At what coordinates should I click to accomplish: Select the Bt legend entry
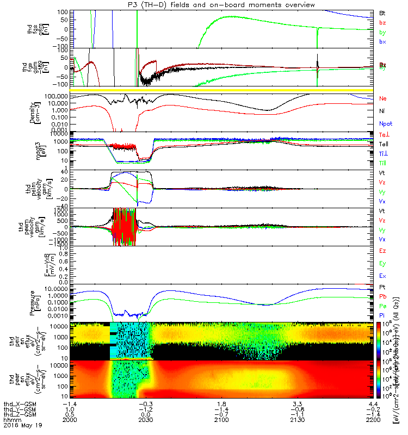pos(382,12)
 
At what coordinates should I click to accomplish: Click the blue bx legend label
pos(382,42)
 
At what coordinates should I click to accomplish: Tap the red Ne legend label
pos(382,98)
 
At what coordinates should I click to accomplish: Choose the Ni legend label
pos(382,111)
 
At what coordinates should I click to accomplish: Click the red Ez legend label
pos(382,251)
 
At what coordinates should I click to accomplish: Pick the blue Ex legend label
pos(382,276)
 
